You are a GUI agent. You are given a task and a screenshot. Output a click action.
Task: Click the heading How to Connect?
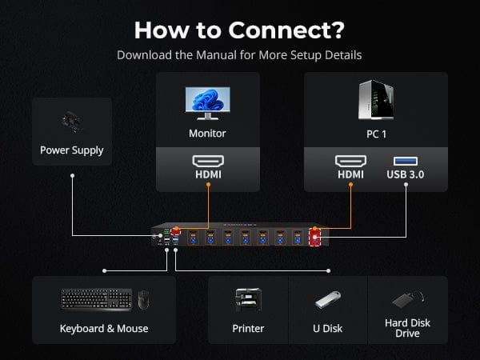(x=239, y=30)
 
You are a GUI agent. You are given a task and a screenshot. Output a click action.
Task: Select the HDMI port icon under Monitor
(x=207, y=160)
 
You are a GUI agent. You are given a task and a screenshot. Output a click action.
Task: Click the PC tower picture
(x=375, y=99)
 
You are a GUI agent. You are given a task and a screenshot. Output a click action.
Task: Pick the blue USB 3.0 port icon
(x=406, y=160)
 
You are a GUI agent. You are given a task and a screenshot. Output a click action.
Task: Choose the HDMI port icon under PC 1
(x=350, y=160)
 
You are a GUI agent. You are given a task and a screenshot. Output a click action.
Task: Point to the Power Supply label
(x=72, y=150)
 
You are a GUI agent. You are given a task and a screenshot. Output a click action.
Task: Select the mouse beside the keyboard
(x=143, y=300)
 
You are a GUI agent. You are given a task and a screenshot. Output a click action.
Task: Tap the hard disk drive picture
(x=407, y=299)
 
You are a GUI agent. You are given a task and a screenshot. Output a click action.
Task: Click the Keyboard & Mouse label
(x=104, y=328)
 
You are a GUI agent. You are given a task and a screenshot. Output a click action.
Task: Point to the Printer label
(x=249, y=328)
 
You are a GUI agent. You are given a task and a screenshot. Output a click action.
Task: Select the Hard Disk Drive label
(x=407, y=328)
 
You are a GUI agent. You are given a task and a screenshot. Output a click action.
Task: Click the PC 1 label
(x=376, y=134)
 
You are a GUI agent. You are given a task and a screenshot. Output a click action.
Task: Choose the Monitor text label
(x=207, y=134)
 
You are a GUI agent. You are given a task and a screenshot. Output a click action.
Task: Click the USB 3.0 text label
(x=406, y=174)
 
